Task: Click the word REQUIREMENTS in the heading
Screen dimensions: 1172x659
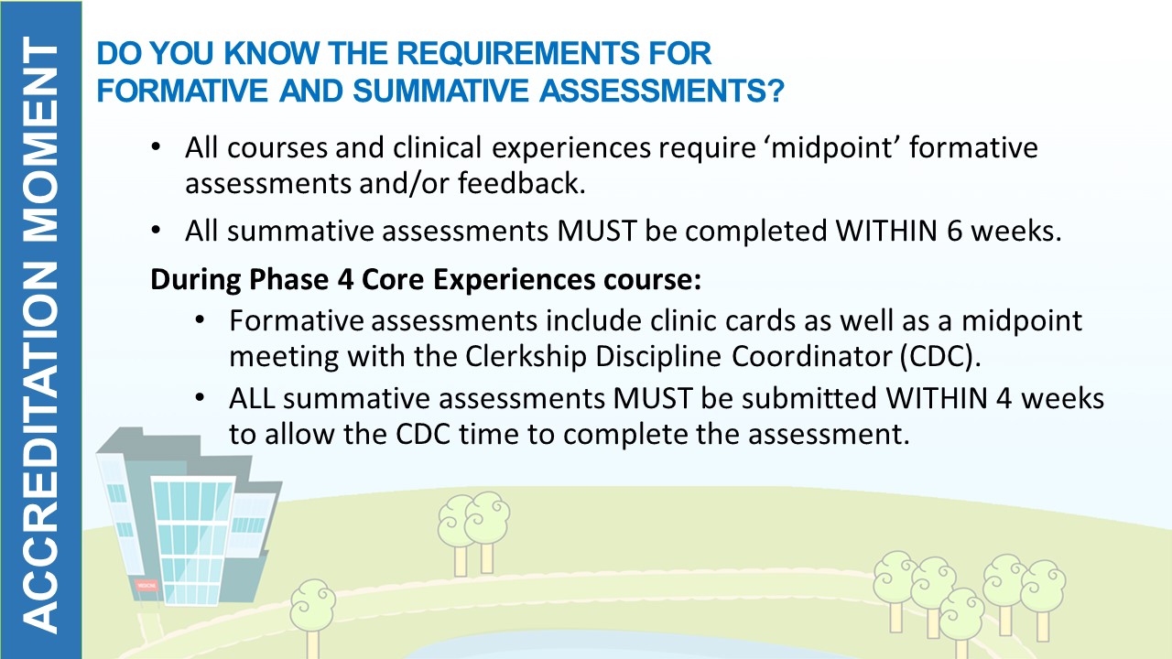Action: (x=519, y=53)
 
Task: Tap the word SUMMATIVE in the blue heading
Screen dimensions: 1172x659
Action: (x=440, y=91)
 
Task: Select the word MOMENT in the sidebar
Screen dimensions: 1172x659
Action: (x=41, y=140)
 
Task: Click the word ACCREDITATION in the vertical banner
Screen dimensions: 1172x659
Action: (x=41, y=448)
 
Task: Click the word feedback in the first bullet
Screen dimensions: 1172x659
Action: (x=521, y=183)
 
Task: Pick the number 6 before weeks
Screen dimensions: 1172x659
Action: (x=954, y=231)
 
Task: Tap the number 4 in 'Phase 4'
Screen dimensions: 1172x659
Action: (x=346, y=279)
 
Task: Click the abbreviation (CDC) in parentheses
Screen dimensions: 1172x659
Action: (x=939, y=357)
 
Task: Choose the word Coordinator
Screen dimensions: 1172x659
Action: (x=811, y=357)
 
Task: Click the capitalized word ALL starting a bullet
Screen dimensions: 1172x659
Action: (x=252, y=398)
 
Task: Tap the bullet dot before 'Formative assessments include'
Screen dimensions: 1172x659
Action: (x=200, y=319)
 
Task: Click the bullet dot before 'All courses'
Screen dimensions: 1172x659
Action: (x=156, y=146)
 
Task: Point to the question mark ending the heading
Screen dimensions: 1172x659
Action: (x=775, y=91)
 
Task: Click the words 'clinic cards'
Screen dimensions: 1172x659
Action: (x=722, y=320)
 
